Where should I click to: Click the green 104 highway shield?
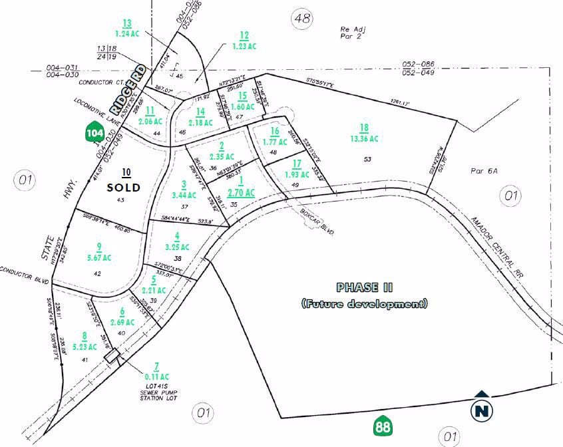94,132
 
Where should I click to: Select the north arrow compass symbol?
482,407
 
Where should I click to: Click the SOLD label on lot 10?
124,188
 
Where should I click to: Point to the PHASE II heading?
365,287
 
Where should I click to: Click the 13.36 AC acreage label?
364,139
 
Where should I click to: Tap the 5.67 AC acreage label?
98,257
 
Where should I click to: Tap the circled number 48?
302,19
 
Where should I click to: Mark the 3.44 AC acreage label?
184,195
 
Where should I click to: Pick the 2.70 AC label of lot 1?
241,193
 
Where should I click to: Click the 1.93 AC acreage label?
297,174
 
